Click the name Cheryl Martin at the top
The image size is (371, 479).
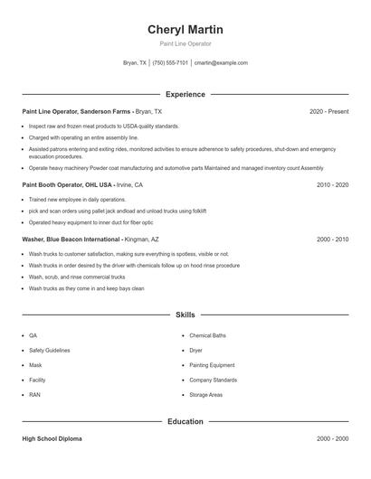tap(185, 30)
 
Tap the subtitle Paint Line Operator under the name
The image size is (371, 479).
tap(185, 43)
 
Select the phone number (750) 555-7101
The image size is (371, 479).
tap(170, 63)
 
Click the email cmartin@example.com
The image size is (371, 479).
tap(221, 63)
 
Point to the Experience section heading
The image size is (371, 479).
tap(185, 94)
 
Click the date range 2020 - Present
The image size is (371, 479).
tap(328, 111)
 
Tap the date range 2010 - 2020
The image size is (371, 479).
tap(332, 184)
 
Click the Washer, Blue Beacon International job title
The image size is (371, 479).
tap(71, 239)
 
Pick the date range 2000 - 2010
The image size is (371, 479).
tap(332, 239)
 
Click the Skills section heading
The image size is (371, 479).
tap(185, 315)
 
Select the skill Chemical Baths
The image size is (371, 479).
tap(207, 335)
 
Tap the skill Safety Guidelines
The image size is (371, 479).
tap(49, 350)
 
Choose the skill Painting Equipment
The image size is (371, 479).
tap(211, 365)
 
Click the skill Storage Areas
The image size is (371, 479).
tap(206, 394)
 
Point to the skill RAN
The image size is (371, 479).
tap(34, 394)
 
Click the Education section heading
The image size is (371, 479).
tap(185, 421)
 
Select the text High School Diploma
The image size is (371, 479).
tap(52, 438)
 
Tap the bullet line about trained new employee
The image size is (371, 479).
tap(77, 199)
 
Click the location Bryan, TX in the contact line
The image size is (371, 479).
tap(134, 63)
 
